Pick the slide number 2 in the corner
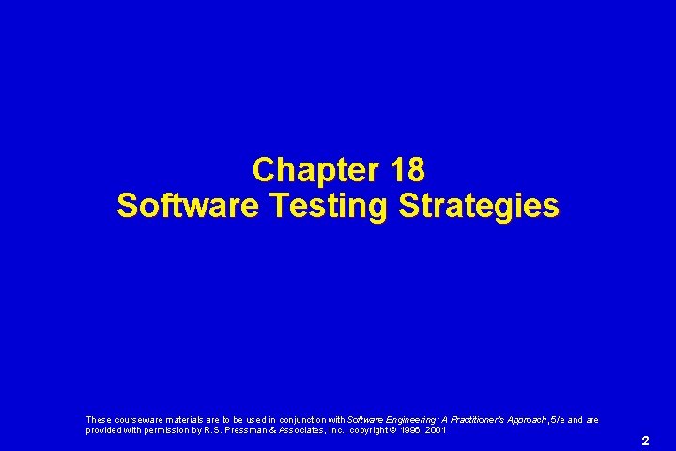[x=645, y=440]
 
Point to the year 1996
[x=413, y=429]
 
